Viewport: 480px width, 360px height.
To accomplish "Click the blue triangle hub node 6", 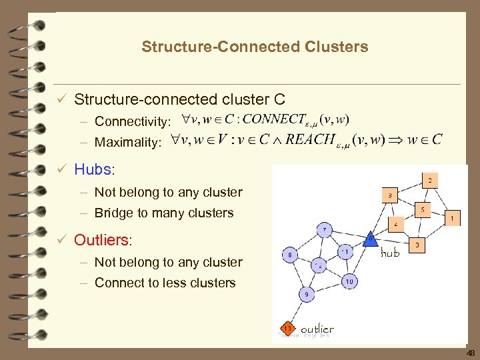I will tap(371, 238).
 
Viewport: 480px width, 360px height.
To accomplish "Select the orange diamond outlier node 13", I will tap(287, 329).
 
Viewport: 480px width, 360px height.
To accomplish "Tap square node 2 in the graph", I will tap(430, 180).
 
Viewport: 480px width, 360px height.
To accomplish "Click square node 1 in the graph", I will tap(453, 218).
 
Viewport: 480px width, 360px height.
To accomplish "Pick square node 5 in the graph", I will tap(422, 210).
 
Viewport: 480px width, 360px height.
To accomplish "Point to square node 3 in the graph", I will tap(389, 195).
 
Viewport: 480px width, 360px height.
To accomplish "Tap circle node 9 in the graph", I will tap(306, 293).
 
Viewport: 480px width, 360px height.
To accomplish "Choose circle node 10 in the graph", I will tap(349, 281).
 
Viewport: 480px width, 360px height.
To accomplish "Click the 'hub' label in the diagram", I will tap(390, 253).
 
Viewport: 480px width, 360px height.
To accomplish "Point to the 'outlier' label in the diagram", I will tap(317, 329).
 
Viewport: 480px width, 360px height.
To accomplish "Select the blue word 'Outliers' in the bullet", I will tap(102, 239).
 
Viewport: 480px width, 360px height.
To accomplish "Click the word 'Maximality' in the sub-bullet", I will tap(127, 142).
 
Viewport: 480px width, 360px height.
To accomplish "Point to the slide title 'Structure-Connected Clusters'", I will tap(254, 47).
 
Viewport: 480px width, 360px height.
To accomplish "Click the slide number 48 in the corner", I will tap(471, 353).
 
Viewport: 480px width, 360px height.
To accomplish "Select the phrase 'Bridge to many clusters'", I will tap(164, 213).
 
